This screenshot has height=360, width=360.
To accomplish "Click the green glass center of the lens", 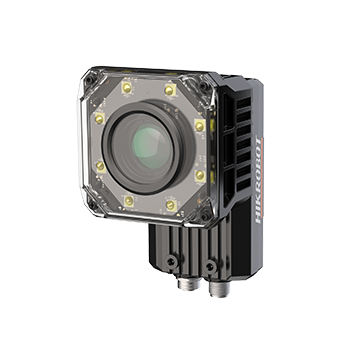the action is [153, 147].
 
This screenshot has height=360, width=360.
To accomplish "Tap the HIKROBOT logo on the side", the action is [259, 179].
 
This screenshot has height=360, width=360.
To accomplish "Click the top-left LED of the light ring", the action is [127, 88].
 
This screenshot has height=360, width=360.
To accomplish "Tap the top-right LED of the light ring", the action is [169, 90].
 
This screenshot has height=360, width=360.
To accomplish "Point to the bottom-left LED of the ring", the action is [129, 201].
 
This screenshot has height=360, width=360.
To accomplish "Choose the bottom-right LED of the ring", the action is [171, 205].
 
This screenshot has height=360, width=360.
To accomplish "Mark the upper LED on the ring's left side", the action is [99, 119].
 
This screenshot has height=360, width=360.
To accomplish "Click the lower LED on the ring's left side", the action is [101, 166].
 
